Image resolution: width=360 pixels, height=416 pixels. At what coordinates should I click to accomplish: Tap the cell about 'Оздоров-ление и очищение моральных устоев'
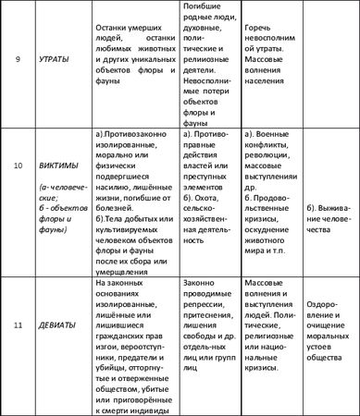coord(330,331)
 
